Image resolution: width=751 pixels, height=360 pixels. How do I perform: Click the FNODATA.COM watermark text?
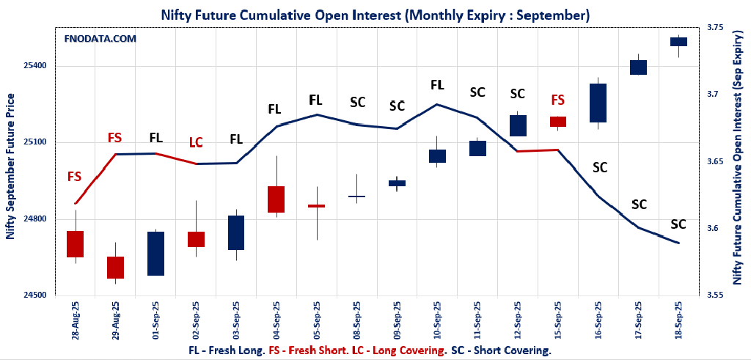click(x=100, y=39)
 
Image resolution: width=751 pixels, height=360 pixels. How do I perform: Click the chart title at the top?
click(x=375, y=15)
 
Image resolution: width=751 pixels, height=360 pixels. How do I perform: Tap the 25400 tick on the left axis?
click(x=34, y=66)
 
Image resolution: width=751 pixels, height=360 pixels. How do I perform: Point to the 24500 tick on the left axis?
click(x=34, y=295)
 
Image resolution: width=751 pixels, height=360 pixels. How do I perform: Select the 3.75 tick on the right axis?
click(x=714, y=28)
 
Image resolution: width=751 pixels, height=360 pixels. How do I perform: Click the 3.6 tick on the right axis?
click(x=712, y=229)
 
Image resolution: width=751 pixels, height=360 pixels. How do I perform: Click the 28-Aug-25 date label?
click(x=76, y=322)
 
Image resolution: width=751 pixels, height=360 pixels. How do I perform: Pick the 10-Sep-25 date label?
click(x=438, y=322)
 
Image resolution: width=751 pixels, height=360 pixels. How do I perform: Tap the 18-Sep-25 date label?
click(x=678, y=322)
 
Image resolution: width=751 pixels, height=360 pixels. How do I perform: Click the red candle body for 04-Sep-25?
click(x=276, y=199)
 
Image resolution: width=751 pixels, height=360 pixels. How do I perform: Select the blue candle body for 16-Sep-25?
click(x=598, y=103)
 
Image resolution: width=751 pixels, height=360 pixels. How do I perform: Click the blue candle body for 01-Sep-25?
click(x=155, y=254)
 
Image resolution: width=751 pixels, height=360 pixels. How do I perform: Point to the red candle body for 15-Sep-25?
click(x=558, y=122)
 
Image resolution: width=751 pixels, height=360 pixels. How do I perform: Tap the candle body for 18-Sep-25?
click(x=678, y=42)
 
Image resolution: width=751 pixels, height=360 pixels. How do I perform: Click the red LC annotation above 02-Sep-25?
click(x=196, y=142)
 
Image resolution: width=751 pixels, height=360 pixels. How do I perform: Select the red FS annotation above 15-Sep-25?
click(x=558, y=100)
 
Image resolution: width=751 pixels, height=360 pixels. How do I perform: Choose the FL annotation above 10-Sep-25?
click(x=437, y=85)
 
